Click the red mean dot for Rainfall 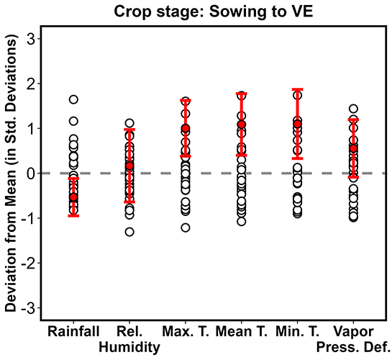[73, 197]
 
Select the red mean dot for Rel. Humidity [129, 166]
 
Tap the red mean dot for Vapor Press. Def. [353, 148]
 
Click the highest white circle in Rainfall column [73, 99]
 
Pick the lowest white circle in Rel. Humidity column [129, 232]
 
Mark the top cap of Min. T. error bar [297, 89]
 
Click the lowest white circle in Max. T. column [186, 228]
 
